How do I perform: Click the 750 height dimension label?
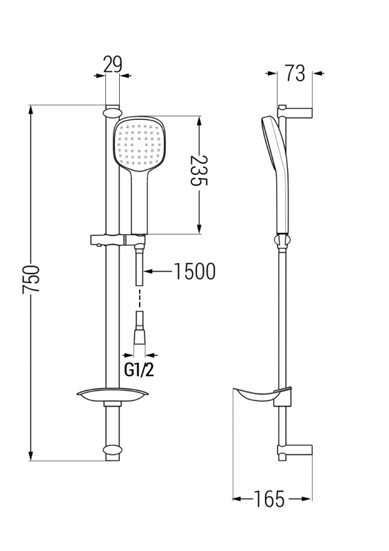(30, 279)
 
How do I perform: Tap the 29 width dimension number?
(113, 64)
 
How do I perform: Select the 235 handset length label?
(199, 171)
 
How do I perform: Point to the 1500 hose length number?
(194, 271)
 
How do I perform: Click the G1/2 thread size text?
(139, 370)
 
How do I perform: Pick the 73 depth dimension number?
(295, 73)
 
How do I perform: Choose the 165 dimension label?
(269, 499)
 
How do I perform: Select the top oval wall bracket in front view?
(112, 112)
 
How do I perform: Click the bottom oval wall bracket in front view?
(112, 450)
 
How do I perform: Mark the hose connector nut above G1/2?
(140, 337)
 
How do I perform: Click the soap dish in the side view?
(262, 395)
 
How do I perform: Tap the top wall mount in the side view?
(295, 112)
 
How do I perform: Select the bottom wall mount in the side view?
(295, 450)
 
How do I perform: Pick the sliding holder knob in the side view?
(282, 240)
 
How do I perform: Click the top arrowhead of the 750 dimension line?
(31, 110)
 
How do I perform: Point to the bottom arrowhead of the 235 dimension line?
(199, 229)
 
